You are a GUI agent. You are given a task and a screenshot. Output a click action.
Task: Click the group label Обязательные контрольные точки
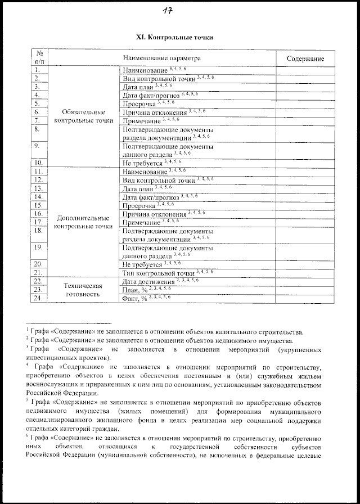click(84, 116)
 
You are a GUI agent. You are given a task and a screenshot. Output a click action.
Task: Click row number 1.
click(37, 70)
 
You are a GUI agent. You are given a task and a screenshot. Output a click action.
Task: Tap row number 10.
click(38, 162)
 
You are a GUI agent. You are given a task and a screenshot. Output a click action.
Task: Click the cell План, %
click(134, 289)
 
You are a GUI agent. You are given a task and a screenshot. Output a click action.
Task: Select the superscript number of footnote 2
click(27, 338)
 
